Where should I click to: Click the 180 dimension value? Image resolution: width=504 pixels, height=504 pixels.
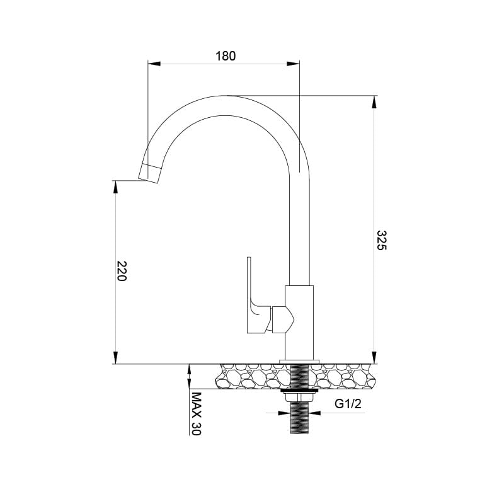click(x=225, y=56)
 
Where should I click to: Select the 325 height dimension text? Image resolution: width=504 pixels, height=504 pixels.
click(x=381, y=240)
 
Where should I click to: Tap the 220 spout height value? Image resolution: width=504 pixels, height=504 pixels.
click(x=122, y=271)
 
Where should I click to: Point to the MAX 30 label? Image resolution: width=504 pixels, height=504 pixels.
click(x=196, y=414)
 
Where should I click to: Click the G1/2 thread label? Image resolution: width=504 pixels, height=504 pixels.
click(x=348, y=404)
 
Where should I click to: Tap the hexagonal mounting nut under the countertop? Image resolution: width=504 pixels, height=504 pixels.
click(x=300, y=396)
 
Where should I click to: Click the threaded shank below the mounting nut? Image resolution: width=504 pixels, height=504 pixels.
click(x=300, y=418)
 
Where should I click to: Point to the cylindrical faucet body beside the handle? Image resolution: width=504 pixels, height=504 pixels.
click(x=299, y=321)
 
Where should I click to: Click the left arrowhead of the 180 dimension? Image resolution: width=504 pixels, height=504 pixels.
click(x=154, y=63)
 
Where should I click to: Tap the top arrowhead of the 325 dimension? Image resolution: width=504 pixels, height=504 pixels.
click(x=375, y=101)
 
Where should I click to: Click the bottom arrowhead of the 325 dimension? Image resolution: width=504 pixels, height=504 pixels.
click(x=375, y=358)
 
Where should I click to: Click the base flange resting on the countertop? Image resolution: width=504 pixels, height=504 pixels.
click(x=300, y=361)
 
